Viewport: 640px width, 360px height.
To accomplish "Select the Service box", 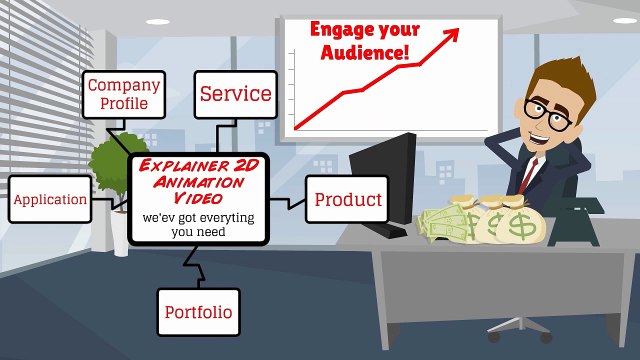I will [235, 94].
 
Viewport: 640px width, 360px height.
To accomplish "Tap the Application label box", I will [49, 199].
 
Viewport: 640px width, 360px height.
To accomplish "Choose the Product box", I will [347, 199].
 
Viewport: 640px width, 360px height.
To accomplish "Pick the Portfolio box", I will [199, 312].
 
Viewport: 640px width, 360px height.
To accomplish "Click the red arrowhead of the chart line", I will [451, 33].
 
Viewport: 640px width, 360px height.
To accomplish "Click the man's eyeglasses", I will [546, 109].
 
